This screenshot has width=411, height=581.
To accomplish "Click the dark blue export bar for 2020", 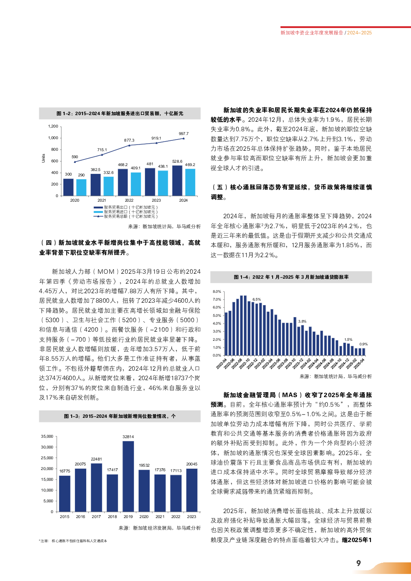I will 68,187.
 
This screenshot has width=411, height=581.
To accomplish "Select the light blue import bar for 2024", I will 190,182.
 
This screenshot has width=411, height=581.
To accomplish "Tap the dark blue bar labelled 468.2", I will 123,182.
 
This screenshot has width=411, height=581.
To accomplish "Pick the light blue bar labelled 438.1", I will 163,183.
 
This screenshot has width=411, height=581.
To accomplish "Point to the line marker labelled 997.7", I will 184,138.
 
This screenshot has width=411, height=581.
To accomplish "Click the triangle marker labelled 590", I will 75,162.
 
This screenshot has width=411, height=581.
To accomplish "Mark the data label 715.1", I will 102,150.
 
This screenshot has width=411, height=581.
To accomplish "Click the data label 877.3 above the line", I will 129,140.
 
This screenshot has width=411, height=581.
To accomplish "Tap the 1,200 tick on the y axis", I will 53,126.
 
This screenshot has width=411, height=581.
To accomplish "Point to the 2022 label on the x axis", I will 129,200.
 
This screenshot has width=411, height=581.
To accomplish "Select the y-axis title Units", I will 44,158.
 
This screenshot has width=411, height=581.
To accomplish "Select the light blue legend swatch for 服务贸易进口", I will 98,212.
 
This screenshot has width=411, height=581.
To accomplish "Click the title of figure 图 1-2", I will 120,113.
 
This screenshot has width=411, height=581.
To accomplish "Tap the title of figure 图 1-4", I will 291,277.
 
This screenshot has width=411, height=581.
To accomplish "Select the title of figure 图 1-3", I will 120,416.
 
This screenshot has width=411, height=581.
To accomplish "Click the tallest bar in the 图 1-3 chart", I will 128,476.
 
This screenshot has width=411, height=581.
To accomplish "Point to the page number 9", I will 358,563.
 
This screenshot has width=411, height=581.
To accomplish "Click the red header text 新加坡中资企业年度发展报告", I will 312,33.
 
